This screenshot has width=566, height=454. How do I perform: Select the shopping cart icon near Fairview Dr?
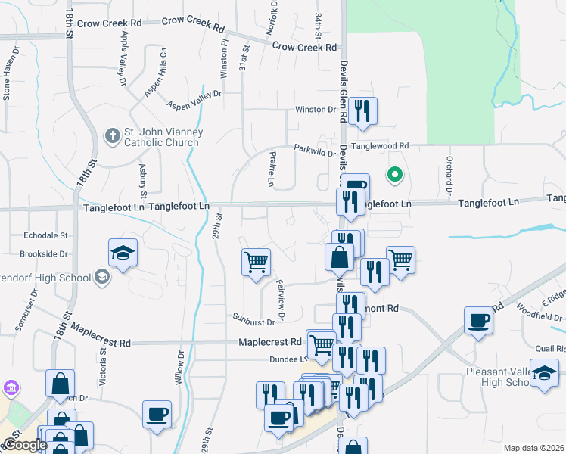point(257,262)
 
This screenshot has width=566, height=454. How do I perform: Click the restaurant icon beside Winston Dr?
point(362,111)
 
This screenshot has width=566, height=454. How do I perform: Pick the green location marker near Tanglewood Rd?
point(393,176)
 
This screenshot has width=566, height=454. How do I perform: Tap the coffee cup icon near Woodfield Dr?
point(479,321)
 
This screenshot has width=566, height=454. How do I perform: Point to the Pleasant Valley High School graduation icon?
point(544,373)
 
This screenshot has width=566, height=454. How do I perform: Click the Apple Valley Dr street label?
point(121,60)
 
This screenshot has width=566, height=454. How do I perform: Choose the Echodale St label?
point(46,235)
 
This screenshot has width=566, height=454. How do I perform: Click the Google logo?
point(24,445)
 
